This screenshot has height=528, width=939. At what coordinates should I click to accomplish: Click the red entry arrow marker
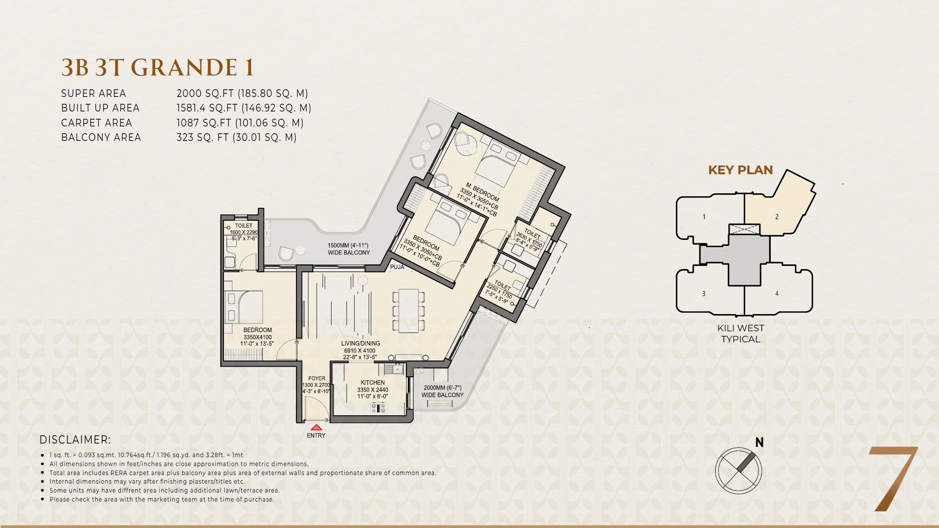click(x=316, y=427)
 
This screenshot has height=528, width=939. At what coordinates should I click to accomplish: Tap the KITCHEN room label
click(x=373, y=382)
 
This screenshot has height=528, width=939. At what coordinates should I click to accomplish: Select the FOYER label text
click(x=317, y=378)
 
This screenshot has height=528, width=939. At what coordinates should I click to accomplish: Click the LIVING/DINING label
click(x=360, y=343)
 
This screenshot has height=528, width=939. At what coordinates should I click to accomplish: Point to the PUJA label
click(x=397, y=267)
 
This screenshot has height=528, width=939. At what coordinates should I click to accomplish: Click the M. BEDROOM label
click(x=482, y=193)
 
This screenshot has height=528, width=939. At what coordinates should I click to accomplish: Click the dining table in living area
click(x=405, y=310)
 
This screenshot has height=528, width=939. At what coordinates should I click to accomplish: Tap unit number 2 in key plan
click(x=777, y=217)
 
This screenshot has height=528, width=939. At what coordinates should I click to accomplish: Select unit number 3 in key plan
click(x=704, y=294)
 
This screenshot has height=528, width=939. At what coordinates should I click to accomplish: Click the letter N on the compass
click(x=759, y=443)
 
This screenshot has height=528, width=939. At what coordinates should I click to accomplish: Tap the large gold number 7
click(x=893, y=478)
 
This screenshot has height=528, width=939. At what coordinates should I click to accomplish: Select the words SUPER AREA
click(x=94, y=93)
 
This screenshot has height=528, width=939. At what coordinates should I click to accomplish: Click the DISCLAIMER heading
click(x=75, y=440)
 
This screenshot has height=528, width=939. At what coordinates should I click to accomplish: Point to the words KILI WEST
click(x=741, y=328)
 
